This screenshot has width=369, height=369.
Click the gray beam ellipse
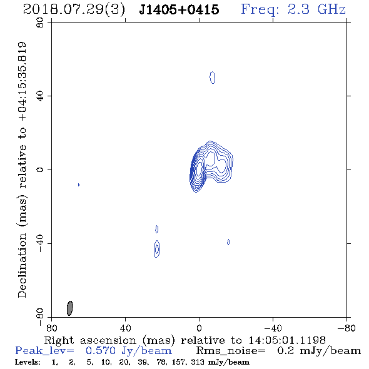(70, 308)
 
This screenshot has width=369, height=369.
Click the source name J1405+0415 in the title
(179, 9)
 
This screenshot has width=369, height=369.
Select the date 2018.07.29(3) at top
(74, 10)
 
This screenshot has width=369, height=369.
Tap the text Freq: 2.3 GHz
(293, 9)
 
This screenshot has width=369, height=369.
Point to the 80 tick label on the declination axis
(40, 23)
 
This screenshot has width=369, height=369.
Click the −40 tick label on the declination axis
(40, 243)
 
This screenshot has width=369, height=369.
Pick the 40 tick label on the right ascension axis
(125, 328)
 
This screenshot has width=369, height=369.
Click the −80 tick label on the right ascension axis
(346, 328)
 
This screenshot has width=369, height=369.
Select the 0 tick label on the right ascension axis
(199, 328)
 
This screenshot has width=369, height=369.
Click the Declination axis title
(22, 170)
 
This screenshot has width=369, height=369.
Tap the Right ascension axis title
(185, 340)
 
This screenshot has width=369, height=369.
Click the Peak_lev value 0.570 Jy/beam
(129, 351)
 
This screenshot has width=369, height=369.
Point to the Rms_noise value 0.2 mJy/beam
(319, 351)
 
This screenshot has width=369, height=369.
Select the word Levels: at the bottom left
(28, 361)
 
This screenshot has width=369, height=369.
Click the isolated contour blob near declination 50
(212, 78)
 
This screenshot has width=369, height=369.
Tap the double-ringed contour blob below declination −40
(157, 249)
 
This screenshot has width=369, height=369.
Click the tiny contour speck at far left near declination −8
(79, 184)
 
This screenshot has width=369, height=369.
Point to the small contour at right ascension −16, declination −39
(228, 242)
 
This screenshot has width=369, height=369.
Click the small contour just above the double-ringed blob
(157, 229)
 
